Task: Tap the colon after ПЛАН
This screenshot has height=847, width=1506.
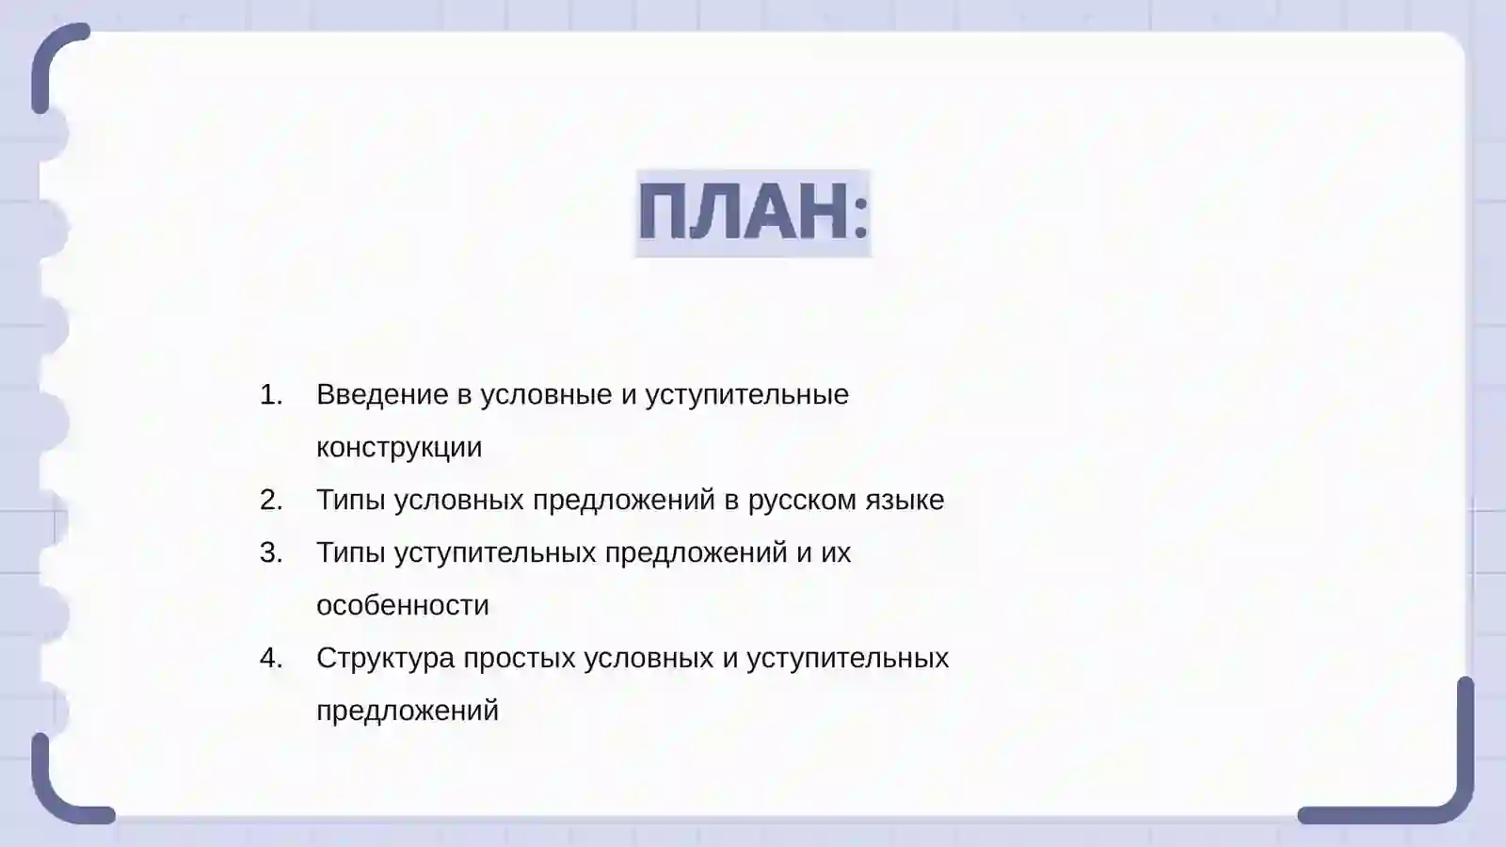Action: [x=860, y=215]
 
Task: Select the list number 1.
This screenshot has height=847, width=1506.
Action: [x=271, y=394]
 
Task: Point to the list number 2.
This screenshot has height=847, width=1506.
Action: [x=271, y=500]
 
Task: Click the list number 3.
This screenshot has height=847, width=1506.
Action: [x=271, y=552]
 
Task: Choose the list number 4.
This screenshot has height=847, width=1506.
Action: [x=271, y=658]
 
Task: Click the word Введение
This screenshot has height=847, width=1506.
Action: [x=382, y=394]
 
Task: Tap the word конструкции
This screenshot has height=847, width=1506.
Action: [x=399, y=447]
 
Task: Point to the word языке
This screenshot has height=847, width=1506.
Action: [x=905, y=500]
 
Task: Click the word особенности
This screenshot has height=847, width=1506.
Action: [x=403, y=605]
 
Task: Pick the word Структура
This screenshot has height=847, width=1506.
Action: [x=385, y=658]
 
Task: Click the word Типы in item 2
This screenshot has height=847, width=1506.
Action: [x=350, y=500]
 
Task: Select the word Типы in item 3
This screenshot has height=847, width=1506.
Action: [x=350, y=552]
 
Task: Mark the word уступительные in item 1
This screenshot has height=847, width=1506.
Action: [x=746, y=394]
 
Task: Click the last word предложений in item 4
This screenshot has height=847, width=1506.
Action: [x=408, y=711]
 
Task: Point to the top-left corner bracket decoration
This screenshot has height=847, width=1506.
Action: [x=52, y=56]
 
